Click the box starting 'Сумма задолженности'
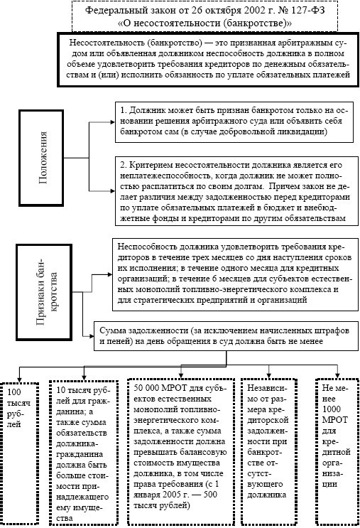coord(226,337)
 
